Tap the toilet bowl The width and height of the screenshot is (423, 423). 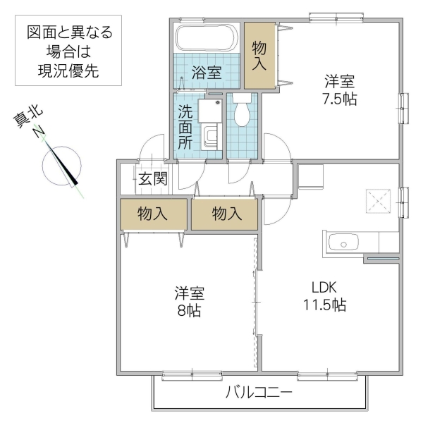pyautogui.click(x=242, y=113)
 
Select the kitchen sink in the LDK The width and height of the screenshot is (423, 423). pyautogui.click(x=343, y=244)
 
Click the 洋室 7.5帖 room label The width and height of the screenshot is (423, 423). pyautogui.click(x=341, y=90)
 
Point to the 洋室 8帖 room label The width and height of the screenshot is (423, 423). pyautogui.click(x=189, y=301)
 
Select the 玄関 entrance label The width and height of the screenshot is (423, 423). pyautogui.click(x=152, y=179)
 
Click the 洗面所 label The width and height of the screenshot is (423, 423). pyautogui.click(x=184, y=125)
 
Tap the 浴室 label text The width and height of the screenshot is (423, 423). pyautogui.click(x=207, y=71)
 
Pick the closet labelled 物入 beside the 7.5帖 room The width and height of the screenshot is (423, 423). pyautogui.click(x=259, y=56)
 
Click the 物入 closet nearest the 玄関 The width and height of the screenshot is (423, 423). pyautogui.click(x=153, y=214)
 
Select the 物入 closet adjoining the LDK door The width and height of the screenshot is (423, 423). pyautogui.click(x=226, y=214)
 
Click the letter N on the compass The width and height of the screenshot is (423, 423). pyautogui.click(x=40, y=133)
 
